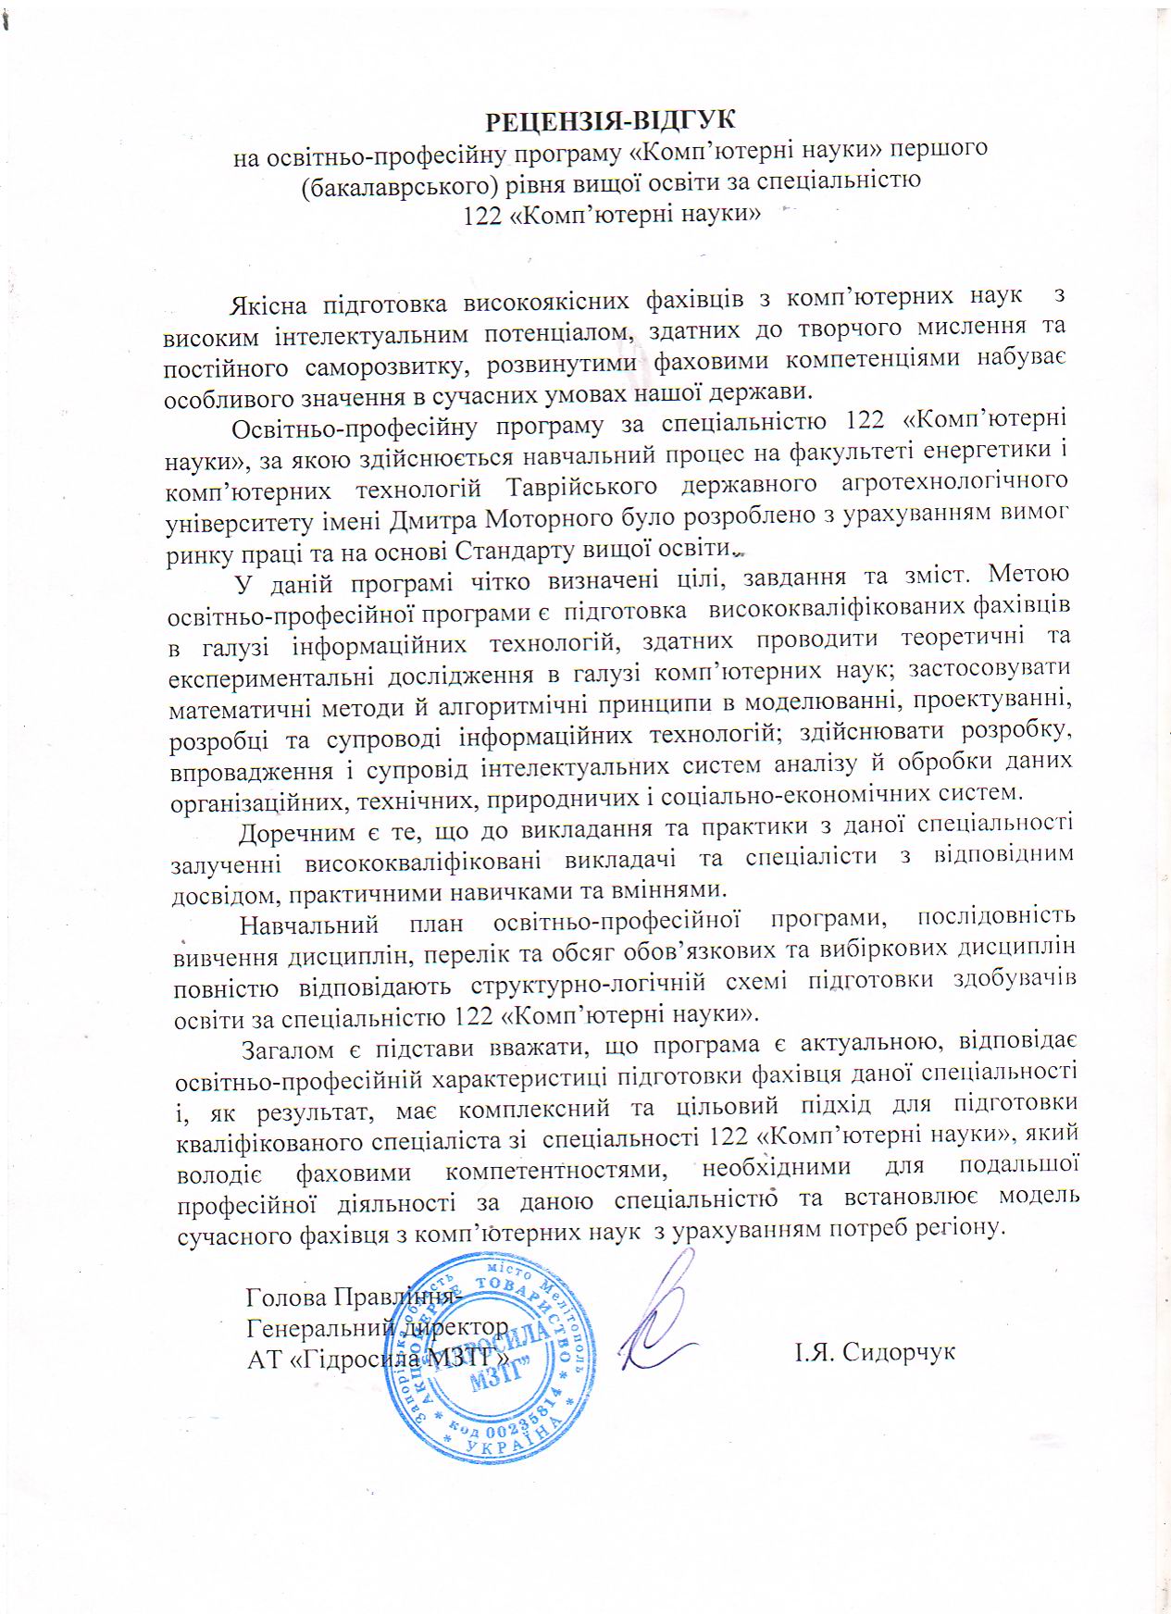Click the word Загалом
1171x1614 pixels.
287,1049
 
